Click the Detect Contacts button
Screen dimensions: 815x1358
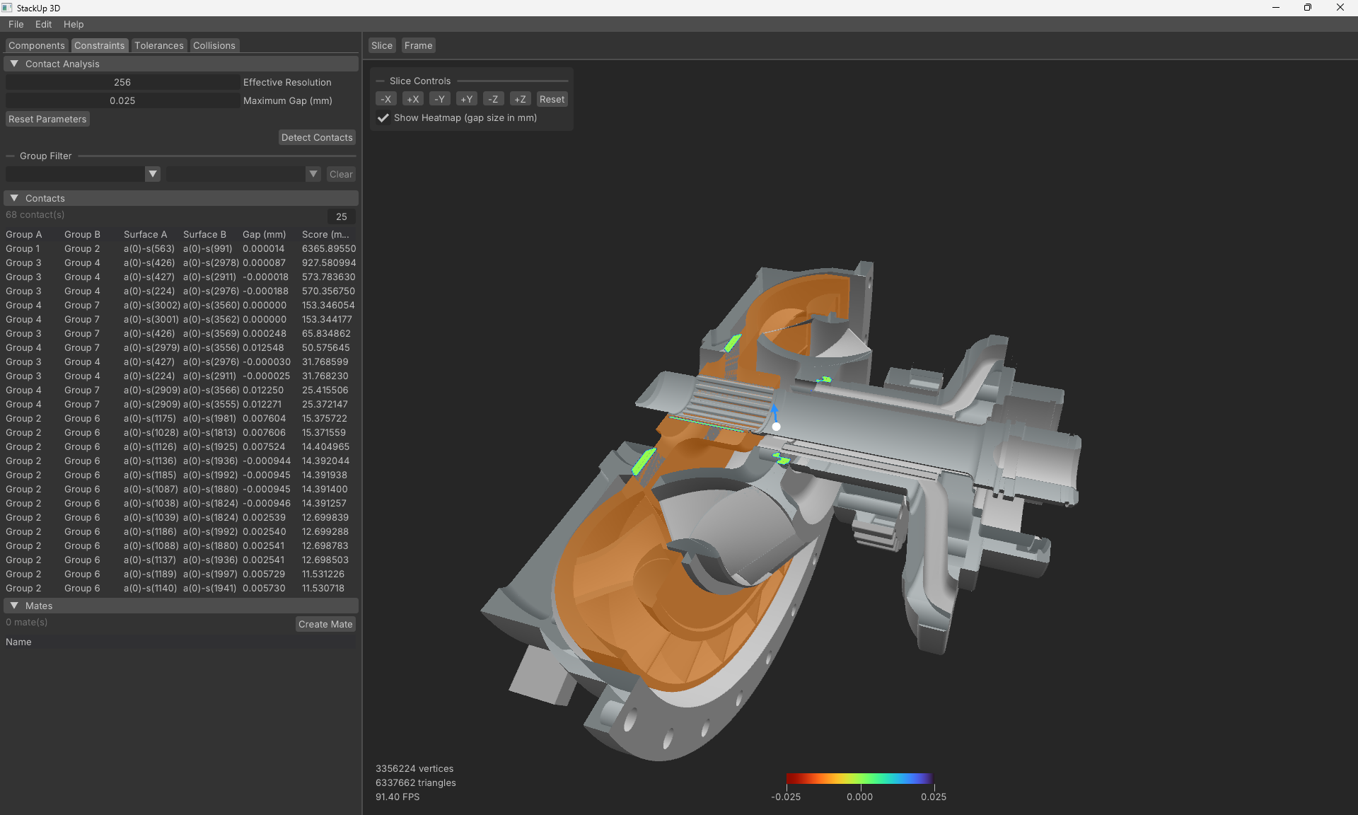pos(316,137)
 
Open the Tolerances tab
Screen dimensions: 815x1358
pos(158,45)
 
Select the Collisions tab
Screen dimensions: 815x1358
pos(214,45)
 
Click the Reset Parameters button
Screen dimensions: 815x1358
pos(47,119)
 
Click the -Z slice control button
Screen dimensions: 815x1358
pos(493,99)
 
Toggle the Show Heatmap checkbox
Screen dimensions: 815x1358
pos(383,118)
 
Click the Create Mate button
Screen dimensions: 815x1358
pos(325,624)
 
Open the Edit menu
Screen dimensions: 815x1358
pos(43,24)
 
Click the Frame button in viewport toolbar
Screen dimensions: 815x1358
pos(418,45)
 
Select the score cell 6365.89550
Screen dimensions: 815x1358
pos(328,248)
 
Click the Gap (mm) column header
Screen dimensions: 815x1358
pos(264,234)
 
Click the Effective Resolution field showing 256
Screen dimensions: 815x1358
pos(122,82)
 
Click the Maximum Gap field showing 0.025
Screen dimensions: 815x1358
pos(122,100)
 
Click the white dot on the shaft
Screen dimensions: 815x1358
pos(776,427)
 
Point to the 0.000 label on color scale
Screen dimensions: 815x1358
pos(859,797)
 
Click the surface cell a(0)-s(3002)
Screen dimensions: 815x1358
pos(151,305)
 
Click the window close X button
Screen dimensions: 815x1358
pos(1340,8)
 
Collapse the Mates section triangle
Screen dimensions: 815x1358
pos(14,606)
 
